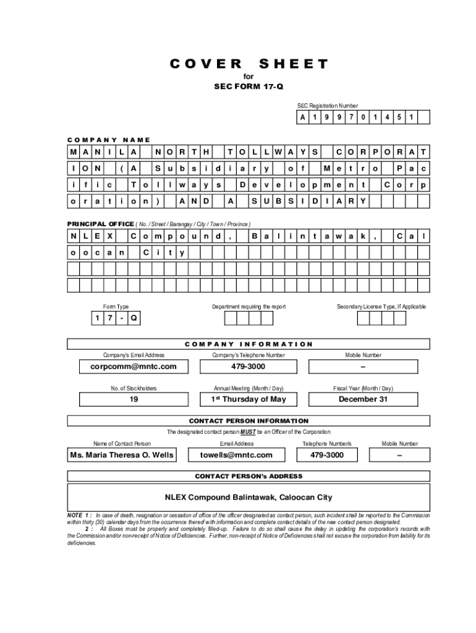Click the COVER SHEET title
(249, 64)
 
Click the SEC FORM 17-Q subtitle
(249, 87)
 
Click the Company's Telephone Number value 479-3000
(249, 367)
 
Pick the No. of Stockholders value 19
(134, 399)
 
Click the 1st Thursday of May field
(249, 399)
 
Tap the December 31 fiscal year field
(363, 399)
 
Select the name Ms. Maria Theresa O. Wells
(122, 455)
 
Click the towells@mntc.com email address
(236, 455)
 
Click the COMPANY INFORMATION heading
(249, 344)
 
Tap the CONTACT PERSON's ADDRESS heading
(249, 476)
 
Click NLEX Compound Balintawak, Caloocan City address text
(248, 497)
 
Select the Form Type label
(116, 307)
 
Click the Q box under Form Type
(134, 318)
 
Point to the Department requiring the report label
(249, 307)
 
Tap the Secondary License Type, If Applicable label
(381, 307)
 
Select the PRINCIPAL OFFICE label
(100, 223)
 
